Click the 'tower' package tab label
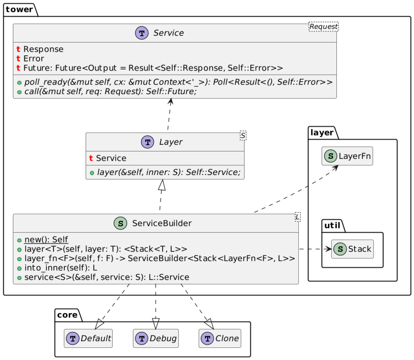(19, 9)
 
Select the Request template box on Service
(323, 26)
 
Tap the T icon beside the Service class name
(142, 33)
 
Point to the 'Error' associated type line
(34, 59)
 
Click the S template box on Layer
(243, 135)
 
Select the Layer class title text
(171, 142)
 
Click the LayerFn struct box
(347, 156)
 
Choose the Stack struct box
(352, 249)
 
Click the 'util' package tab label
(332, 225)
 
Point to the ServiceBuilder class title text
(162, 223)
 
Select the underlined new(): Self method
(46, 240)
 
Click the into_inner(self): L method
(61, 268)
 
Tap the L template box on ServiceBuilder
(298, 217)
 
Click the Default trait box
(88, 338)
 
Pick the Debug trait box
(156, 338)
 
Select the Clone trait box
(220, 338)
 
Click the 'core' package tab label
(68, 315)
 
